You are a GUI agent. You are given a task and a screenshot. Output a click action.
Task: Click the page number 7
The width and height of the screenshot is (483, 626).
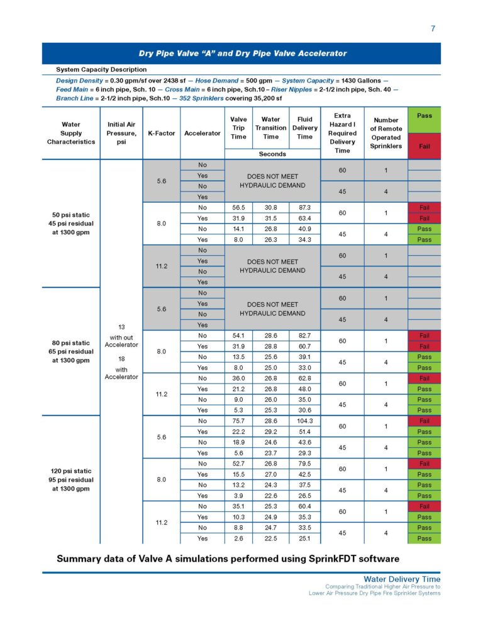(433, 28)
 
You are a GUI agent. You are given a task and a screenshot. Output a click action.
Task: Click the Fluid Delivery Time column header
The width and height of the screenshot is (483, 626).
(304, 128)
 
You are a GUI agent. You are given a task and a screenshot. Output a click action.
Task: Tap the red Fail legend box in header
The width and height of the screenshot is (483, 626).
(425, 146)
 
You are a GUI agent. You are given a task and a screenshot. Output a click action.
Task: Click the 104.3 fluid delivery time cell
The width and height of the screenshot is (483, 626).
(304, 421)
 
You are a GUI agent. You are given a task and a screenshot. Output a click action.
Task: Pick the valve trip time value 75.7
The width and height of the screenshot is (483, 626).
(238, 421)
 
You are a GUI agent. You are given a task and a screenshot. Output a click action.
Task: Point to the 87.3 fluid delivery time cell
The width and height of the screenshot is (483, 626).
(304, 207)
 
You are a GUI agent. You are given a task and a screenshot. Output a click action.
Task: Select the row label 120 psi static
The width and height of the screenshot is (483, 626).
(71, 470)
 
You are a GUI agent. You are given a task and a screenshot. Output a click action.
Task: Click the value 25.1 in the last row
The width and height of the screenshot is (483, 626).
(304, 538)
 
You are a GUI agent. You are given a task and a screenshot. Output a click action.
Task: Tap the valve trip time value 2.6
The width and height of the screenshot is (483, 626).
(238, 538)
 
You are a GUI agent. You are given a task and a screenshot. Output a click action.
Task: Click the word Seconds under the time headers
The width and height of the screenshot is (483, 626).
(272, 154)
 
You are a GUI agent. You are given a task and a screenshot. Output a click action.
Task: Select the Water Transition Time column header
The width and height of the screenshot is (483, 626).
(271, 128)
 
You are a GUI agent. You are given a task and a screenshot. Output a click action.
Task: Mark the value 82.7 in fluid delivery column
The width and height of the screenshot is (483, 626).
(304, 336)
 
